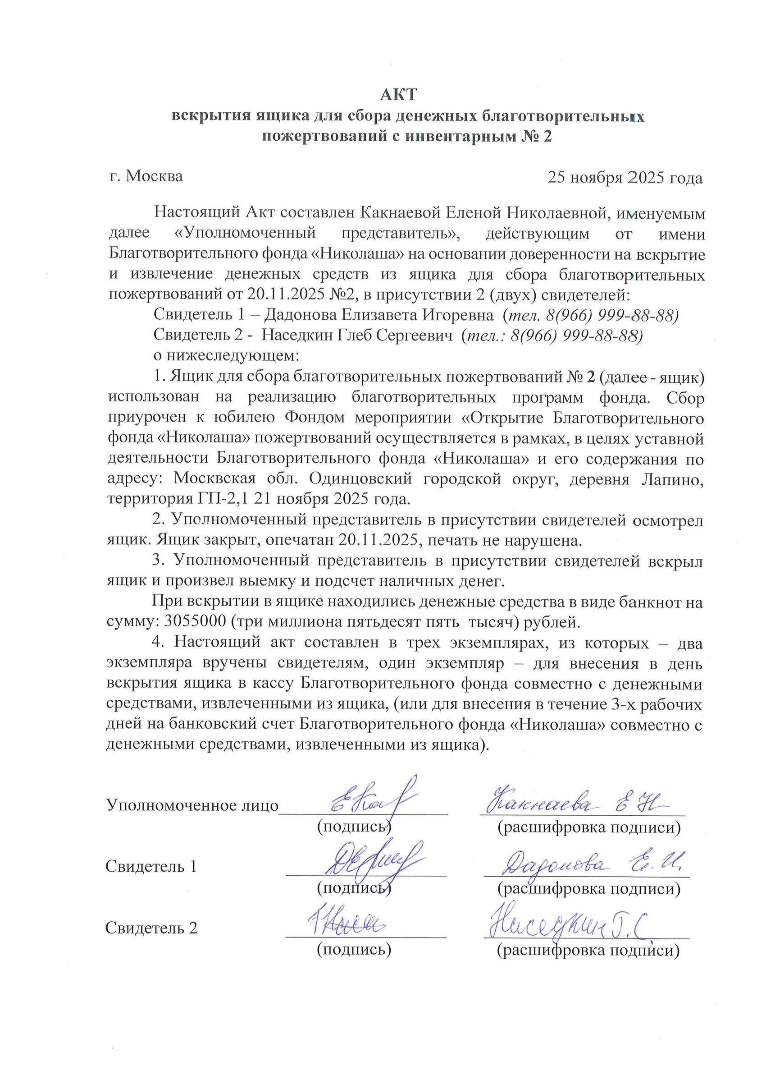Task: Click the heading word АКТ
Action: click(398, 95)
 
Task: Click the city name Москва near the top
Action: click(154, 176)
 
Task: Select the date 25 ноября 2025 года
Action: click(625, 178)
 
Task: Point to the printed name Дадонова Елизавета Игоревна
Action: click(378, 315)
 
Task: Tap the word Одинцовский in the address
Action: click(360, 479)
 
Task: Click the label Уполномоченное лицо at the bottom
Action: click(192, 805)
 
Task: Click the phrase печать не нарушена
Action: click(505, 541)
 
